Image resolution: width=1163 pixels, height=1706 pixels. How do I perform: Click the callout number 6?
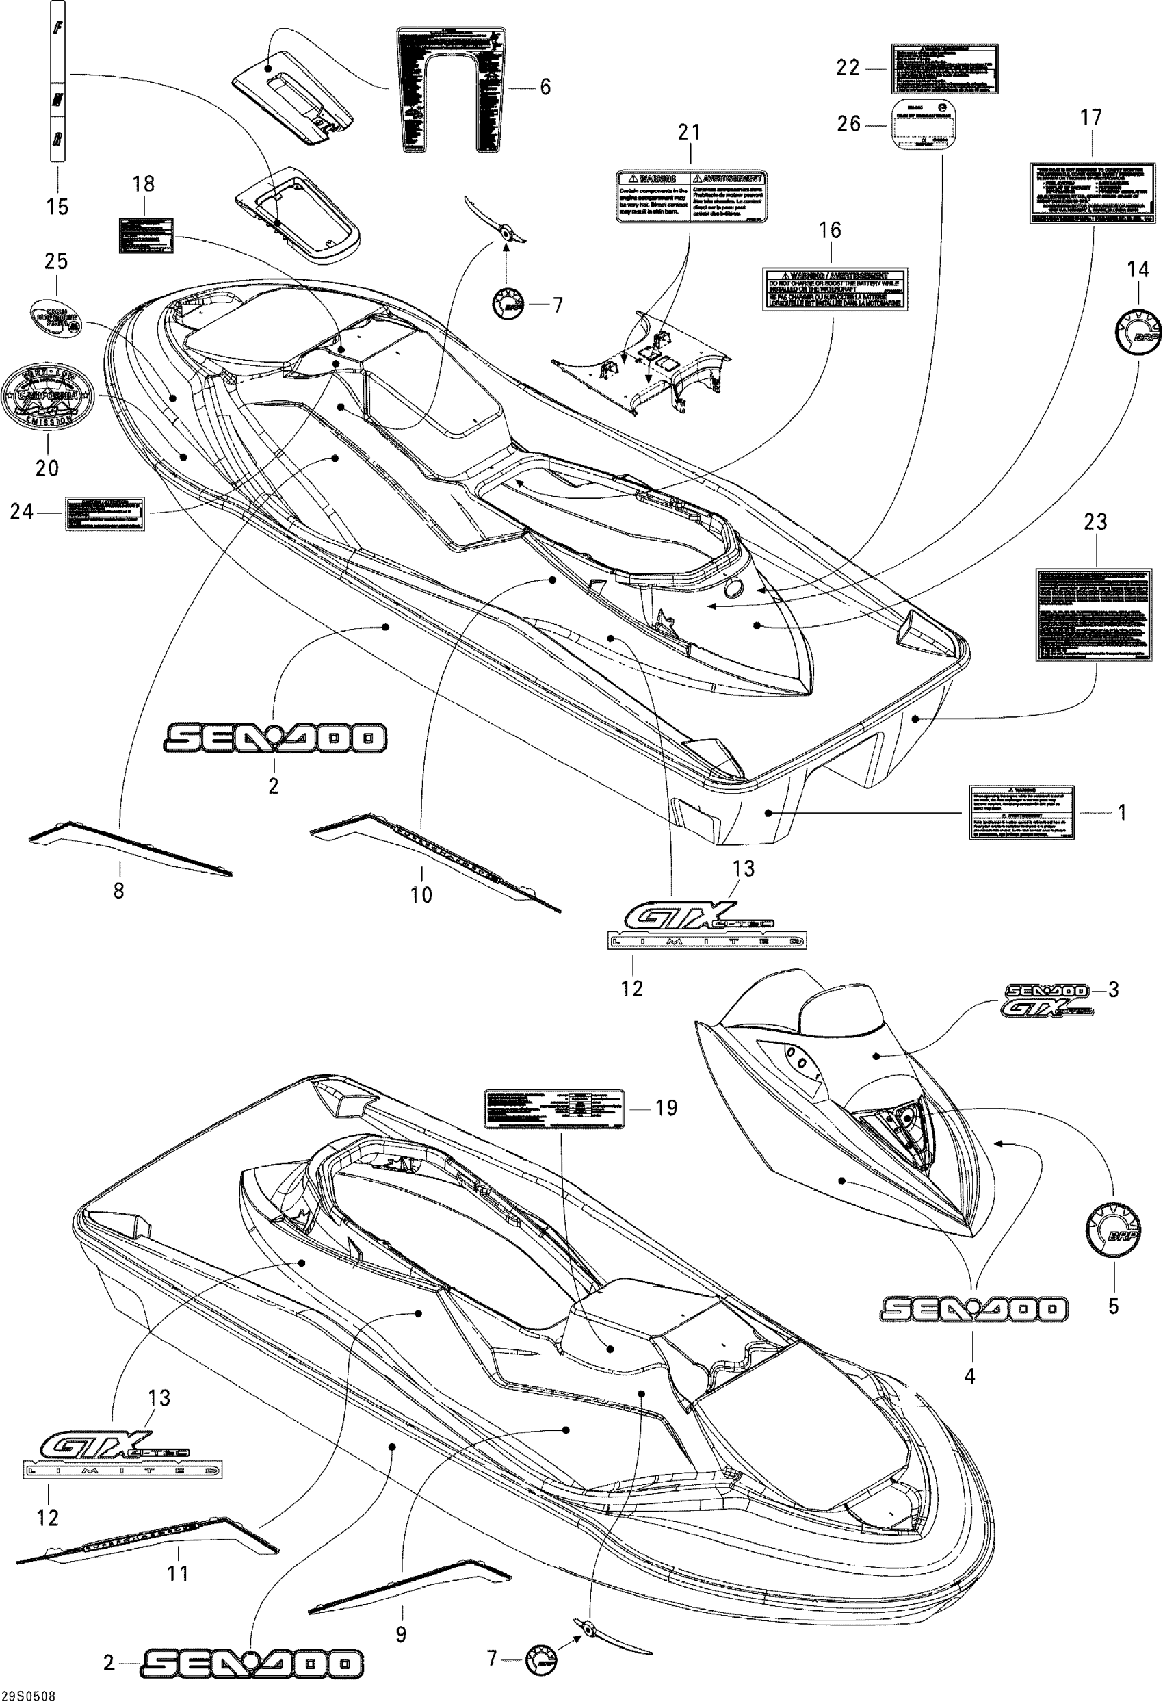coord(545,88)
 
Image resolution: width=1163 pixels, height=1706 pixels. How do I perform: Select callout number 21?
coord(688,133)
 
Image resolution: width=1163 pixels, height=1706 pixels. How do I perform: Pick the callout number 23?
coord(1095,522)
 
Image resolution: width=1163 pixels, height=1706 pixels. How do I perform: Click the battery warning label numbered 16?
coord(835,289)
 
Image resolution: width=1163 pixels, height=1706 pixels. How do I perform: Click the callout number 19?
coord(666,1107)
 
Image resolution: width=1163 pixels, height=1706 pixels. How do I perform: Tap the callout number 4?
coord(969,1377)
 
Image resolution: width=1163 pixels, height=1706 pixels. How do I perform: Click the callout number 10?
coord(421,894)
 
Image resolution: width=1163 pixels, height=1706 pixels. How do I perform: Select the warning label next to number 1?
coord(1021,813)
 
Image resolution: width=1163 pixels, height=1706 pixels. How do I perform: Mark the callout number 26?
coord(848,124)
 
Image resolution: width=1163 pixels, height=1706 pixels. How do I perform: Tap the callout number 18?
coord(143,183)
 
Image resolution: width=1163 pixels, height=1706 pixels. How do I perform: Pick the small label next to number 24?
coord(105,513)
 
